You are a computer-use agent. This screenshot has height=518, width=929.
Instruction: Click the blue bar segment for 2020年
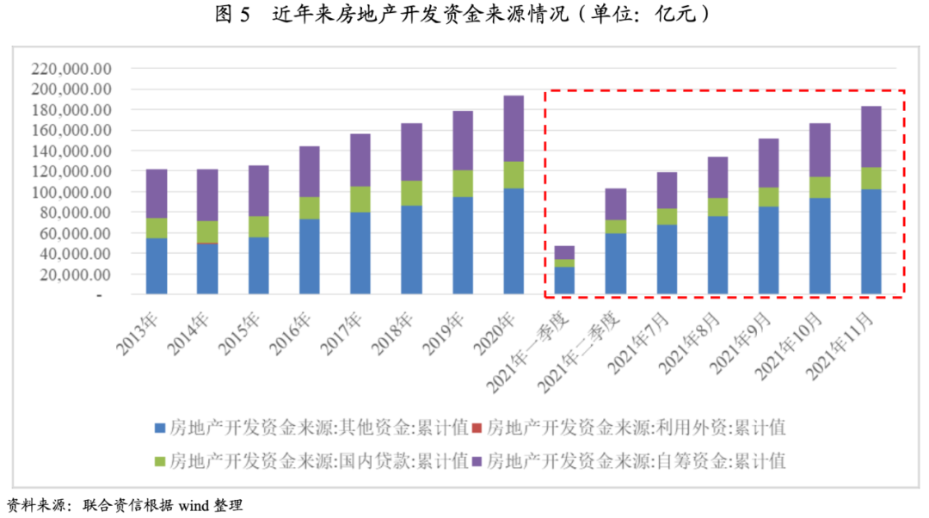pyautogui.click(x=514, y=241)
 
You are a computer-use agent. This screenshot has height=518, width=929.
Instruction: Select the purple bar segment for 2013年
pyautogui.click(x=157, y=193)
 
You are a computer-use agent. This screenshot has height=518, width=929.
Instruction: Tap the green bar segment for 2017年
pyautogui.click(x=360, y=199)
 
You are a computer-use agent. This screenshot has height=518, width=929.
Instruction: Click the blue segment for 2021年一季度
pyautogui.click(x=564, y=281)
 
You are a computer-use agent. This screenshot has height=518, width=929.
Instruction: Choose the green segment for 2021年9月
pyautogui.click(x=769, y=196)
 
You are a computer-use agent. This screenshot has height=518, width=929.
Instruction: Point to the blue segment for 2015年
pyautogui.click(x=258, y=265)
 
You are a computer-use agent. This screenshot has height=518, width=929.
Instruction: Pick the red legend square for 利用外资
pyautogui.click(x=476, y=428)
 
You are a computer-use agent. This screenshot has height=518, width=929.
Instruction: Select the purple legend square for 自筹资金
pyautogui.click(x=476, y=460)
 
